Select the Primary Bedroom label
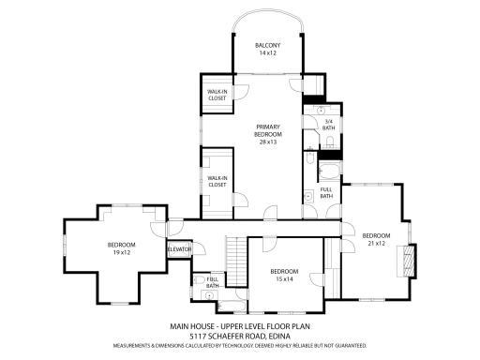click(x=269, y=130)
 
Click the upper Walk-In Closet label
click(x=218, y=94)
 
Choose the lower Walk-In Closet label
click(x=218, y=181)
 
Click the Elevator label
click(x=180, y=248)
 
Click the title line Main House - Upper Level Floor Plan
click(x=239, y=326)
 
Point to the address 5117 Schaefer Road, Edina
click(x=239, y=336)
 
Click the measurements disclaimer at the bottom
click(x=239, y=345)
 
